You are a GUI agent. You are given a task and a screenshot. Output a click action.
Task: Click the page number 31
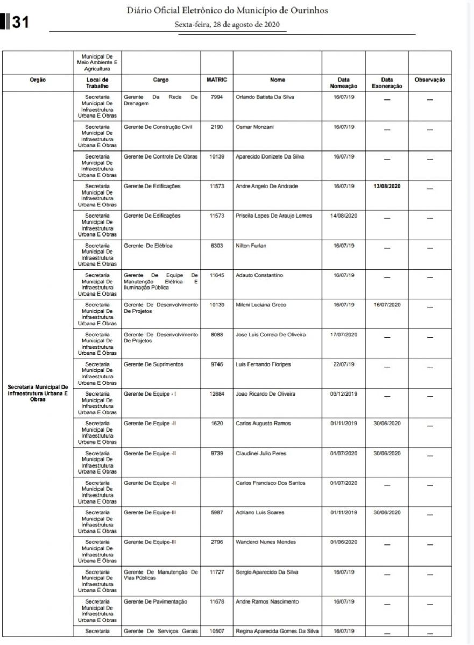pyautogui.click(x=20, y=22)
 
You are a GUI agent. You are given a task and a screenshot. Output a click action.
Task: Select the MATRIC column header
pyautogui.click(x=216, y=80)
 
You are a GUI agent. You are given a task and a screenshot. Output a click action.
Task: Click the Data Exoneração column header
pyautogui.click(x=386, y=83)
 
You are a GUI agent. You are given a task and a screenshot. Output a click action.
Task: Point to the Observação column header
pyautogui.click(x=430, y=80)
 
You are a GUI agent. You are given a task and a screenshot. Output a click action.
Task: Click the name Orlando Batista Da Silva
pyautogui.click(x=265, y=97)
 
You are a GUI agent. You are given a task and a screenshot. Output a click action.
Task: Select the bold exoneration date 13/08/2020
pyautogui.click(x=387, y=186)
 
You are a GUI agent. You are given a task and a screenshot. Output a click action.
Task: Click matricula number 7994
pyautogui.click(x=216, y=97)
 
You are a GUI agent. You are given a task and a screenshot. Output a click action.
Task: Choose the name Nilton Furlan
pyautogui.click(x=251, y=246)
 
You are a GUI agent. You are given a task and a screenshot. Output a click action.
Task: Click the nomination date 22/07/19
pyautogui.click(x=343, y=364)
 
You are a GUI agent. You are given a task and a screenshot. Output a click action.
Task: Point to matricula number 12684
pyautogui.click(x=216, y=394)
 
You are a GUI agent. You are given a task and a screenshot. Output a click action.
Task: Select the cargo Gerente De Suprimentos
pyautogui.click(x=153, y=364)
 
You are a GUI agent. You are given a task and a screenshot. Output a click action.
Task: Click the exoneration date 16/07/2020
pyautogui.click(x=387, y=305)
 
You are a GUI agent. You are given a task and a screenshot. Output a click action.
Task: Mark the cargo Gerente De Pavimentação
pyautogui.click(x=155, y=601)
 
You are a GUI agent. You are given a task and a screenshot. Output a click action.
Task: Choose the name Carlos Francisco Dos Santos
pyautogui.click(x=271, y=483)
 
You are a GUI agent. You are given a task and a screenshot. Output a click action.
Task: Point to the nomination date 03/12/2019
pyautogui.click(x=343, y=394)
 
